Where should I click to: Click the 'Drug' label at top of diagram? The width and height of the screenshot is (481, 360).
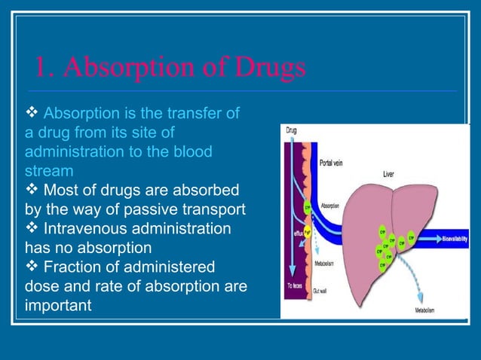(x=291, y=130)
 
